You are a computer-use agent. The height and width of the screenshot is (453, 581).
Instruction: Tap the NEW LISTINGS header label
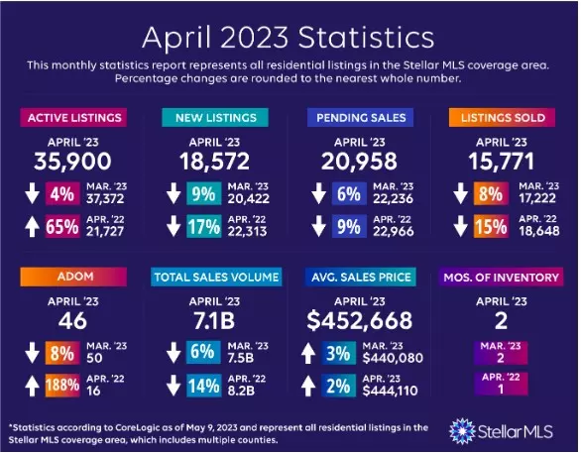tap(213, 119)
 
